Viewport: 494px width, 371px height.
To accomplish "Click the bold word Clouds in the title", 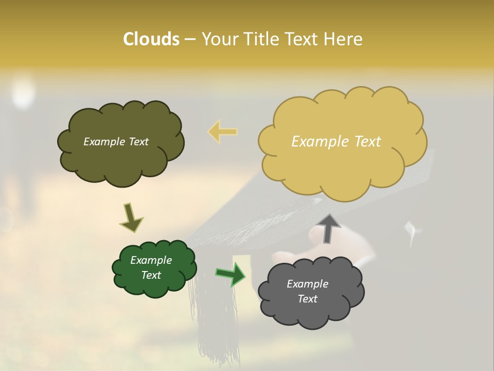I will [151, 39].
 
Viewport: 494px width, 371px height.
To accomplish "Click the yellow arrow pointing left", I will [223, 131].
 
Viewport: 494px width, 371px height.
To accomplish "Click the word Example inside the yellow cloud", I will [315, 142].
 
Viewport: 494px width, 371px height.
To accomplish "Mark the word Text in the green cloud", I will [151, 275].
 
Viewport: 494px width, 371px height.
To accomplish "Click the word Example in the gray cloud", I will [307, 284].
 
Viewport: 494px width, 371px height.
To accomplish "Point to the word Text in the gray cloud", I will [307, 299].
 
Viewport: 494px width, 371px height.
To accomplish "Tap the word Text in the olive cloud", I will [138, 142].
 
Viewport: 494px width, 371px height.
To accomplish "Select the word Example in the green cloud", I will [151, 260].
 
